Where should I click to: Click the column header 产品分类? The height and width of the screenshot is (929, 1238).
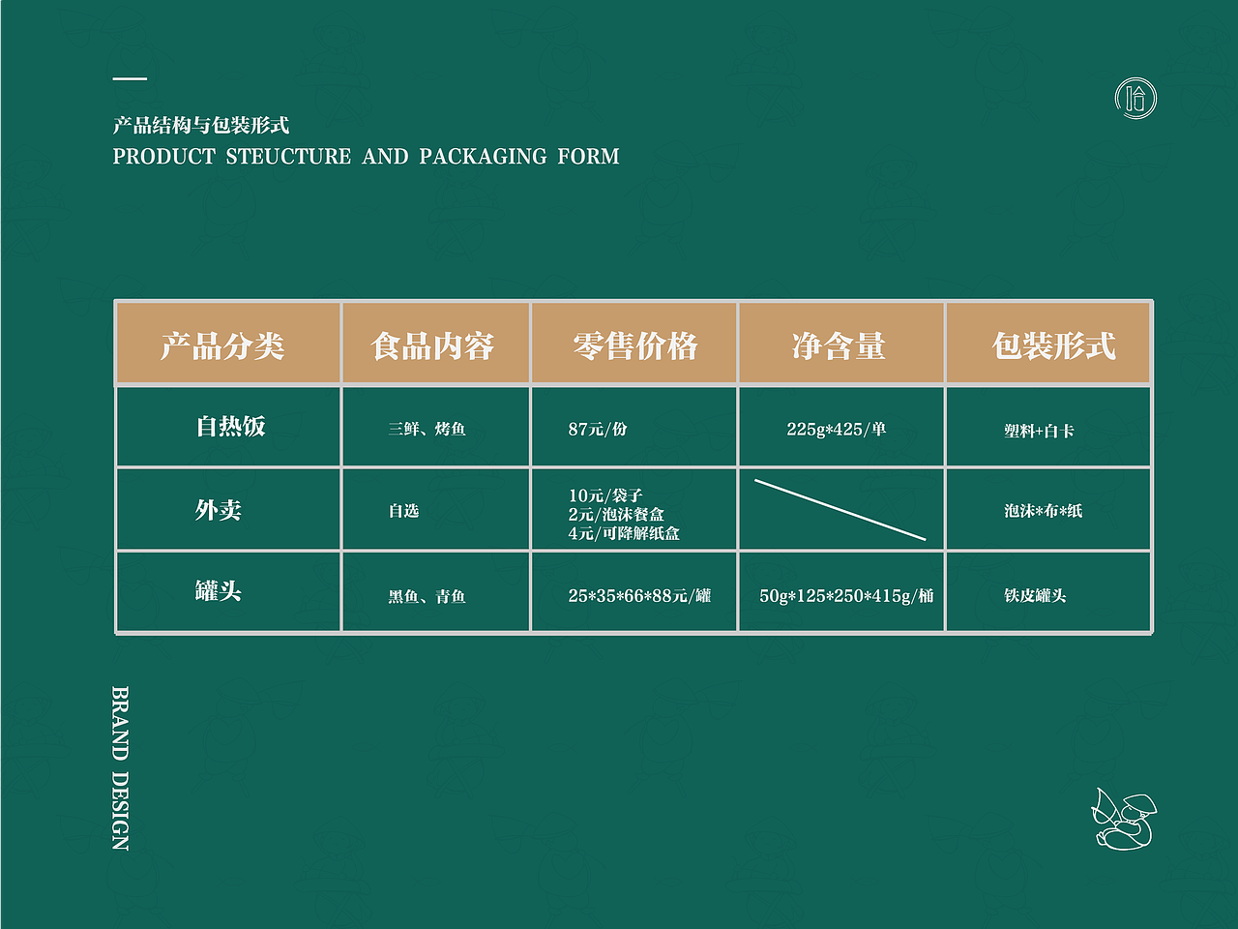click(222, 345)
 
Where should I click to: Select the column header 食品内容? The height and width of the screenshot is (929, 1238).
click(432, 345)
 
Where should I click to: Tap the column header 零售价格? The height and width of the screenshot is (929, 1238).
click(634, 345)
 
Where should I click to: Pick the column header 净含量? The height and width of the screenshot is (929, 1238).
click(839, 345)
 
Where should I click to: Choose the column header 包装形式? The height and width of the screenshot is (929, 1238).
click(1053, 345)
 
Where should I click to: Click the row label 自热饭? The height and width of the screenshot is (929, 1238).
click(230, 427)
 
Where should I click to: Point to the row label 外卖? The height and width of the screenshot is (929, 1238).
click(219, 510)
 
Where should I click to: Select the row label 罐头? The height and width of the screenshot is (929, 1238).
click(219, 591)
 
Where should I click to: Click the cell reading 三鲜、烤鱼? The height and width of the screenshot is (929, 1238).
click(427, 429)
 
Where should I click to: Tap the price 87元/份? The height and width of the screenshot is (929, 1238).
click(598, 429)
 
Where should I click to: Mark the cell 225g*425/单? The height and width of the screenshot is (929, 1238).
click(837, 429)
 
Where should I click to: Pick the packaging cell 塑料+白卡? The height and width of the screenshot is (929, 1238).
click(1039, 431)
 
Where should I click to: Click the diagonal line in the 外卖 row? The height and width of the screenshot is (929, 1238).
click(840, 509)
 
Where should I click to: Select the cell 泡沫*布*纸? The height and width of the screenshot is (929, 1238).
click(1043, 511)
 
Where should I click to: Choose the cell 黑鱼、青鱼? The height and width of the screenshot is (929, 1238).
click(427, 597)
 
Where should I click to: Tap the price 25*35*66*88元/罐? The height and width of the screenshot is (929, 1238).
click(639, 596)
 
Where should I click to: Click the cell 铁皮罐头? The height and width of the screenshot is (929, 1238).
click(1035, 596)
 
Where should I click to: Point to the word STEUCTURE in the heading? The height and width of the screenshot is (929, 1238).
click(288, 157)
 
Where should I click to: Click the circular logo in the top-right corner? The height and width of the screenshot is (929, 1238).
click(1135, 98)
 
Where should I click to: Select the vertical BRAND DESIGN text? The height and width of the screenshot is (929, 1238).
click(120, 768)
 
